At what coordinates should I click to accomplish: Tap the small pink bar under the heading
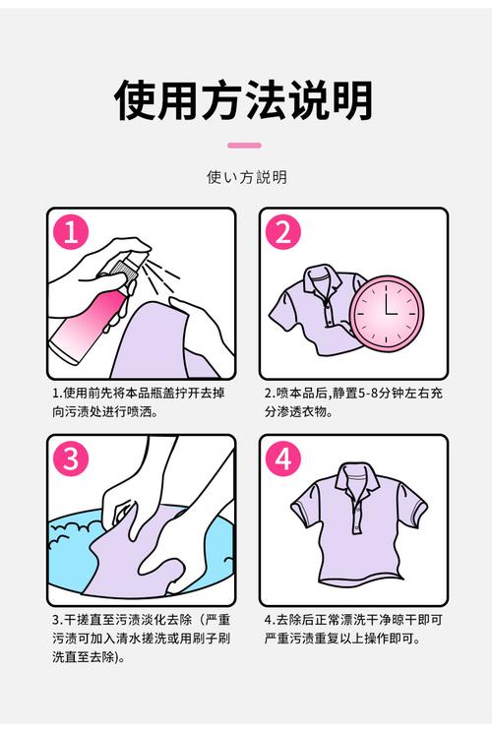pos(244,146)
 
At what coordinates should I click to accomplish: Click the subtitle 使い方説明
pos(246,177)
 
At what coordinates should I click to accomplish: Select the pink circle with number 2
pos(282,233)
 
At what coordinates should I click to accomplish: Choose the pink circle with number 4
pos(282,459)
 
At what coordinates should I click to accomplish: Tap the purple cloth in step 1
pos(157,339)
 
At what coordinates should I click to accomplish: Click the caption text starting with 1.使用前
pos(138,401)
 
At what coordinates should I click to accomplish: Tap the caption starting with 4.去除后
pos(352,630)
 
